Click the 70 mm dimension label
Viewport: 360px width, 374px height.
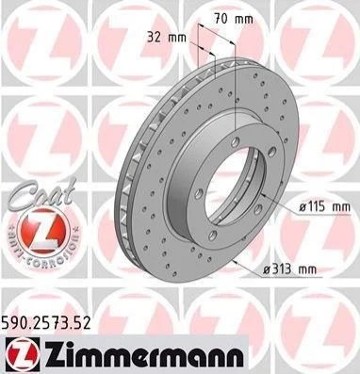(234, 19)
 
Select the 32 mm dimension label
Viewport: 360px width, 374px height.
(167, 38)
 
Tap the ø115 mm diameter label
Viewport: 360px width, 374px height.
(324, 207)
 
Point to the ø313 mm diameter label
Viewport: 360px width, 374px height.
(290, 269)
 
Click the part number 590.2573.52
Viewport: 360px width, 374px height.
(46, 322)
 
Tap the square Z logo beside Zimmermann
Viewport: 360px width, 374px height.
(23, 353)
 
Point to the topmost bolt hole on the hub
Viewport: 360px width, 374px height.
(235, 142)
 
